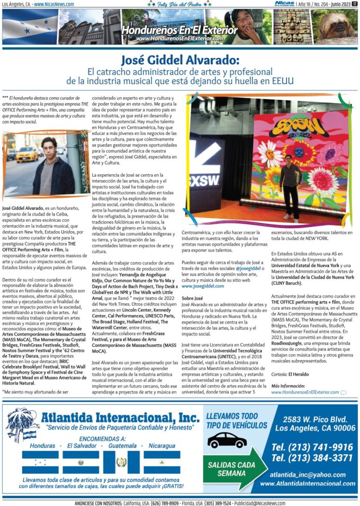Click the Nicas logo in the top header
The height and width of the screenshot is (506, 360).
pyautogui.click(x=284, y=4)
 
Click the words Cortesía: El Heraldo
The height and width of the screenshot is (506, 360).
pyautogui.click(x=288, y=374)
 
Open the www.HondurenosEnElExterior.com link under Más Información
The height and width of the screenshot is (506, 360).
pyautogui.click(x=305, y=392)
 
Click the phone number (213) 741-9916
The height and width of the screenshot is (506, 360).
pyautogui.click(x=312, y=447)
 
